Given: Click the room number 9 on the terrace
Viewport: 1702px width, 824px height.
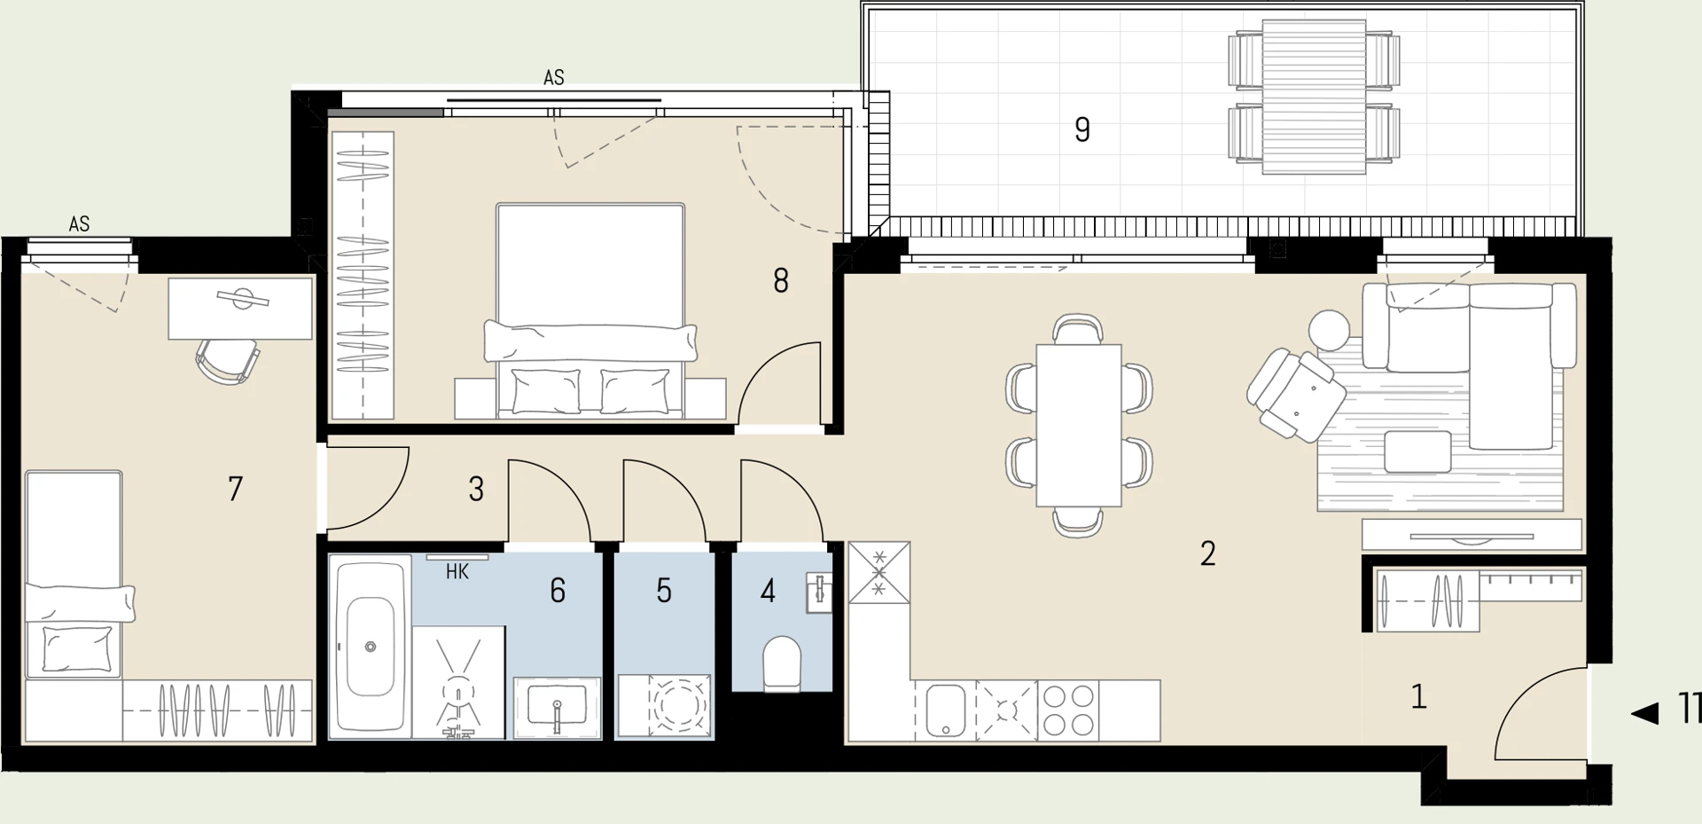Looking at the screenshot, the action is pos(1081,129).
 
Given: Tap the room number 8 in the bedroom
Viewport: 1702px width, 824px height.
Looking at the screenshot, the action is pos(780,280).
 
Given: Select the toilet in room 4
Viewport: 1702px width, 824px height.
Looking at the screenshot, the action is pos(782,662).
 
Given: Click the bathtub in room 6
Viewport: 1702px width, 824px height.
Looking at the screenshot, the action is pos(371,646).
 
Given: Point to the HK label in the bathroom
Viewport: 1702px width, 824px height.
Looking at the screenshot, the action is pos(457,572).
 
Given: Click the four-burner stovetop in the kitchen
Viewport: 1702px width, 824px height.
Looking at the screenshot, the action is pos(1068,710).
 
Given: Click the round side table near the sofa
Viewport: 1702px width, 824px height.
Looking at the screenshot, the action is pos(1329,329).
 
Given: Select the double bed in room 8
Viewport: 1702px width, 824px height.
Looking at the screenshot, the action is pos(590,310).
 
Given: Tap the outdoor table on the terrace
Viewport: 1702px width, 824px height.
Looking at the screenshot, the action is pos(1314,98).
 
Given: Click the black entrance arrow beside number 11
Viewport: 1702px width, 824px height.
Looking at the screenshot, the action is pos(1644,712).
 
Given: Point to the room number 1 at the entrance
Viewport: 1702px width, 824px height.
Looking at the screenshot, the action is pos(1418,696).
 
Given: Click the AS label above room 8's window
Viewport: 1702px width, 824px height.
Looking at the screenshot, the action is pos(554,78).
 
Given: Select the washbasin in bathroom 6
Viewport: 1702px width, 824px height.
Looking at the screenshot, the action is pos(557,709).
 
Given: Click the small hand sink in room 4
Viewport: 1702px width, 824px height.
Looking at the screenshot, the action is pos(819,592).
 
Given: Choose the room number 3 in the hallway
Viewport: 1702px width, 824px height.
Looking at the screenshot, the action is pos(476,489).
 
